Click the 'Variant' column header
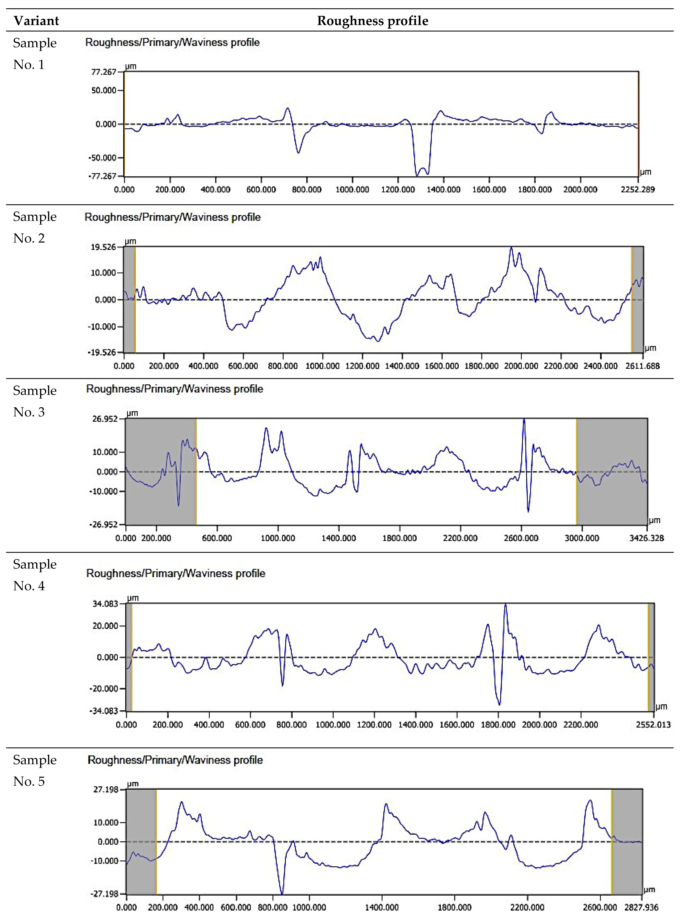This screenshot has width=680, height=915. [x=36, y=21]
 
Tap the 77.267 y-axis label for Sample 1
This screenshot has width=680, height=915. [x=103, y=72]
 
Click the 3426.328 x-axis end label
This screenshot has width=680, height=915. [x=646, y=538]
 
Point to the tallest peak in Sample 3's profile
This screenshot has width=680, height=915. [x=524, y=420]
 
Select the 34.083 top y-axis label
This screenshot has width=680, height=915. [x=105, y=604]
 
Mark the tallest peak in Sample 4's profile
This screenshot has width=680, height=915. [x=505, y=605]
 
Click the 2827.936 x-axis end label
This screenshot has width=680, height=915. [x=641, y=907]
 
